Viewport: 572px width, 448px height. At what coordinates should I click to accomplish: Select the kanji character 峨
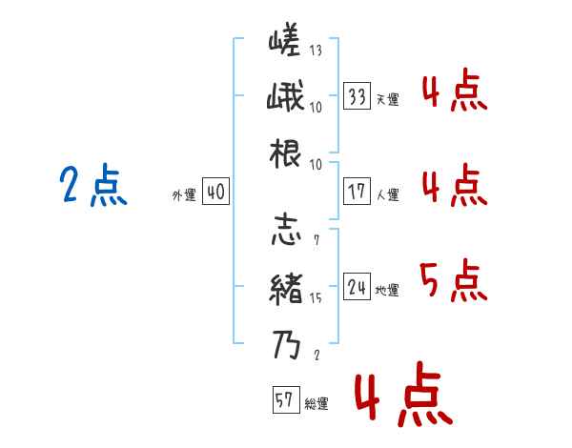coord(285,98)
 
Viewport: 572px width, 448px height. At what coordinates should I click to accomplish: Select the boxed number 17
coord(357,192)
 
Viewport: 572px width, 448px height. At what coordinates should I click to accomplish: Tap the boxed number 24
coord(357,287)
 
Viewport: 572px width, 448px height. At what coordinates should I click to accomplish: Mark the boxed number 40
coord(214,192)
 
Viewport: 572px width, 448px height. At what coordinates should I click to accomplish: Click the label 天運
coord(387,100)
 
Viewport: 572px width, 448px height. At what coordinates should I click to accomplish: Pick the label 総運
coord(317,404)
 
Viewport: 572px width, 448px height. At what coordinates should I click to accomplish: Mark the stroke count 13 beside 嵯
coord(316,51)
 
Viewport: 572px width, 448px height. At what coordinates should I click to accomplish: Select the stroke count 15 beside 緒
coord(316,298)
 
